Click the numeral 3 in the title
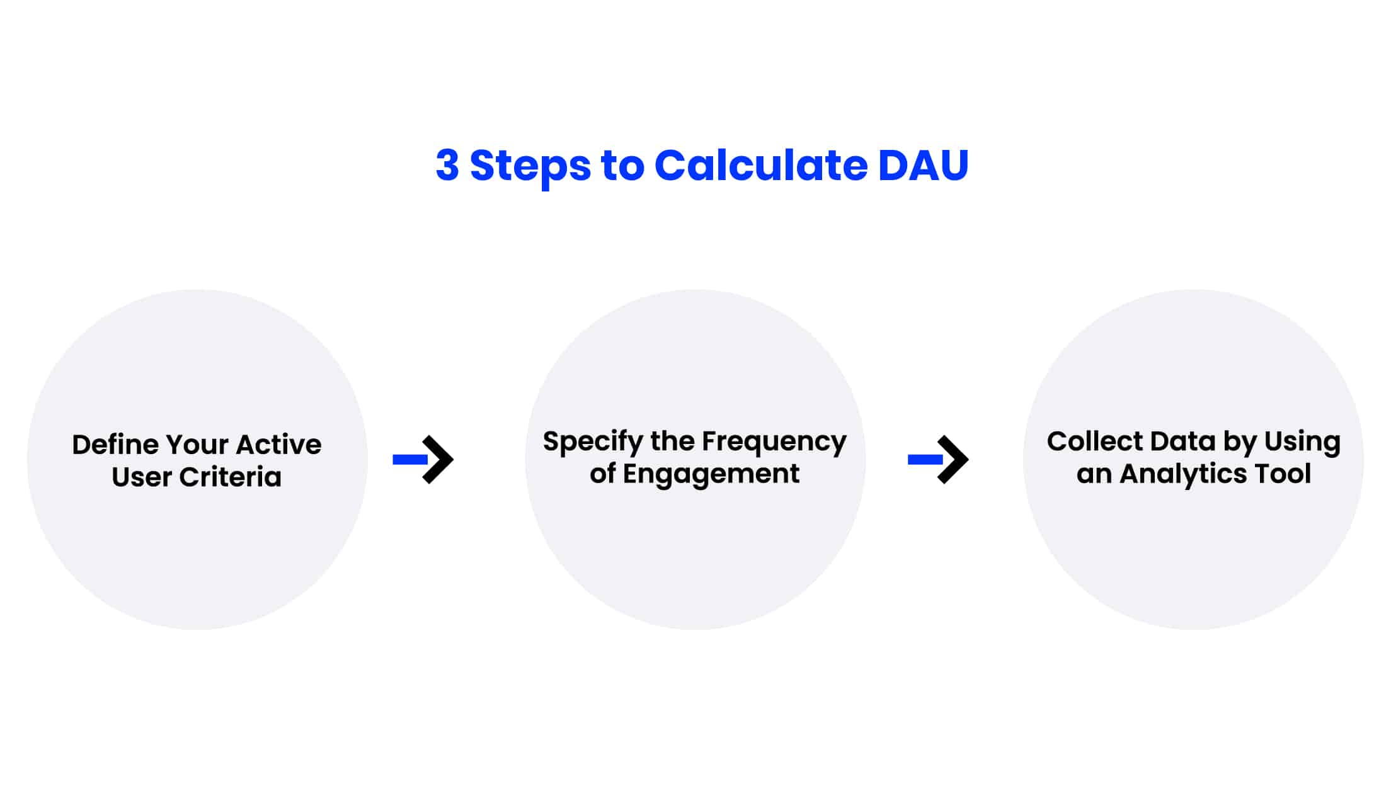click(447, 165)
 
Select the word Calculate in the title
click(760, 165)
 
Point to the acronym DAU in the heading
click(923, 165)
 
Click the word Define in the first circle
click(115, 445)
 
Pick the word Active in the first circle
click(279, 445)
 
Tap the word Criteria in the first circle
click(230, 477)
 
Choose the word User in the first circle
click(142, 477)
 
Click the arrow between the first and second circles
click(423, 459)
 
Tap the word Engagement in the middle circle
click(711, 474)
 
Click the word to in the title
click(622, 165)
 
